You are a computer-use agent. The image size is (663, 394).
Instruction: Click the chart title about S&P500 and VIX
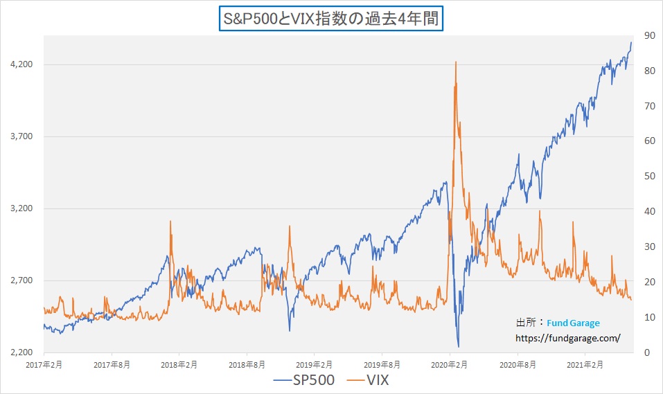330,19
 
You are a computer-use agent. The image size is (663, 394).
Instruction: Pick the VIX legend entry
373,380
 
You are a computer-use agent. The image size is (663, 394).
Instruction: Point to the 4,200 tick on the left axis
21,64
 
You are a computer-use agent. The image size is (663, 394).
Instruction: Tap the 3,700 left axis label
21,136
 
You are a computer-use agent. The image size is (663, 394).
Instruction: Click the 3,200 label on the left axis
21,208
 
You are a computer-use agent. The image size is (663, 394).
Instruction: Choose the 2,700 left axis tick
21,280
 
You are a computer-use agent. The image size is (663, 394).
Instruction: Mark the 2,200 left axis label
21,352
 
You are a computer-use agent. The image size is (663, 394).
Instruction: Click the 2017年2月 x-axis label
43,364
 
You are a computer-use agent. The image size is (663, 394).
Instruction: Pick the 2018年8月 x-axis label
247,364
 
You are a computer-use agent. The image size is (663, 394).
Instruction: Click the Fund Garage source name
574,323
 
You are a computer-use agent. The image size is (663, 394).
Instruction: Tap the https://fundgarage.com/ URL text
567,339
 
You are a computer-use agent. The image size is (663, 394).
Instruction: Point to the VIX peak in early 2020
455,62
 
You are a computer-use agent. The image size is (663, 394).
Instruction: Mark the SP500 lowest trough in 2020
459,346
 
